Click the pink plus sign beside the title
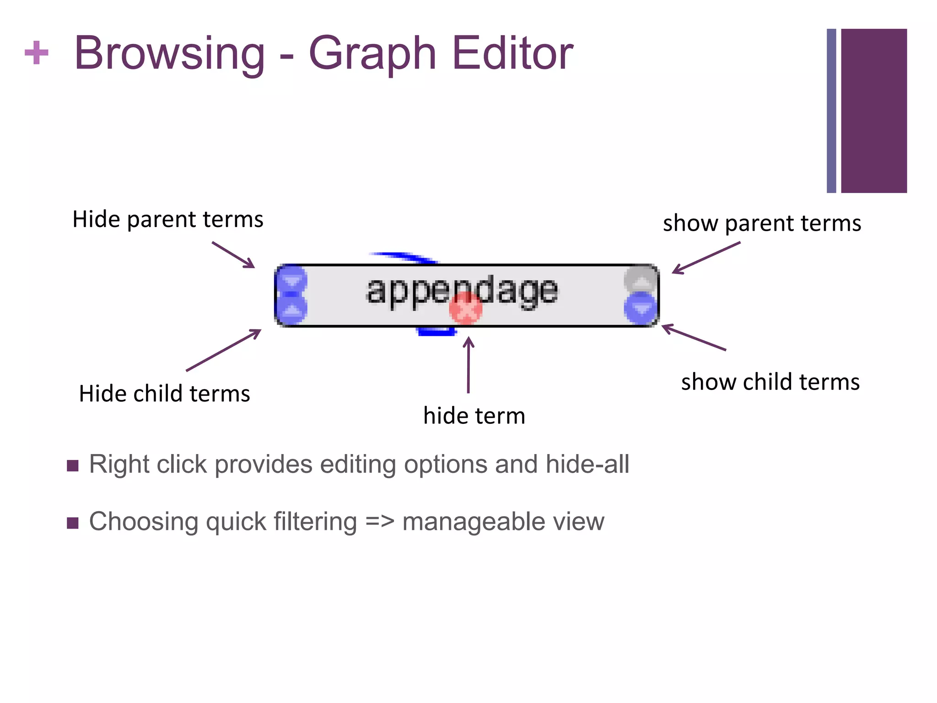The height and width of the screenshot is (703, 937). click(x=37, y=53)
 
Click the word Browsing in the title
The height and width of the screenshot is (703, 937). click(x=169, y=54)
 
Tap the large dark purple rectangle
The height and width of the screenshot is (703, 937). click(x=873, y=111)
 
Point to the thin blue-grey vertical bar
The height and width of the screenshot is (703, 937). click(x=831, y=111)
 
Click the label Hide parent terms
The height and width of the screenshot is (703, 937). click(x=168, y=219)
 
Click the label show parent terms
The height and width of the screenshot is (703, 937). click(x=762, y=223)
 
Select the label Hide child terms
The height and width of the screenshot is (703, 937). click(x=164, y=394)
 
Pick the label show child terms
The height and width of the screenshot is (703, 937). click(x=770, y=382)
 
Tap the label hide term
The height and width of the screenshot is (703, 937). click(x=474, y=416)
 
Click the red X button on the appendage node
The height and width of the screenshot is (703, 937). click(x=466, y=308)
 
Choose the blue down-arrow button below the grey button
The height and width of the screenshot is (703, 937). click(x=641, y=308)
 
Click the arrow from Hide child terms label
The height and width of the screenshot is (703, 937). click(x=224, y=350)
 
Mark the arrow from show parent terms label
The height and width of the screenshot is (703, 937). click(x=706, y=258)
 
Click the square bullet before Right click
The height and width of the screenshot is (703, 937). click(x=73, y=466)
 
